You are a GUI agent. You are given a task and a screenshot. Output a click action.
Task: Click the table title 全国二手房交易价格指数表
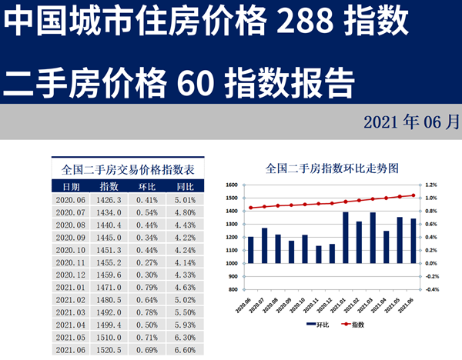point(128,168)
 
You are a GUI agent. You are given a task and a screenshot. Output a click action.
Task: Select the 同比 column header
point(185,186)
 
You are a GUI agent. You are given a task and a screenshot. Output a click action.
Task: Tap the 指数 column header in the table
point(109,186)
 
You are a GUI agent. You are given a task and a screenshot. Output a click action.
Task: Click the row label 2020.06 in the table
point(71,200)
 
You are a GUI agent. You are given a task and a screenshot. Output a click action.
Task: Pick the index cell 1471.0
point(109,286)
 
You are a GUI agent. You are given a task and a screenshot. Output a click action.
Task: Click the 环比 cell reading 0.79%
point(147,286)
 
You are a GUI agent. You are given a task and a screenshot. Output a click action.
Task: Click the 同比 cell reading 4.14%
point(185,262)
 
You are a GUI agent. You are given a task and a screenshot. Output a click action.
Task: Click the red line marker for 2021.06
point(413,195)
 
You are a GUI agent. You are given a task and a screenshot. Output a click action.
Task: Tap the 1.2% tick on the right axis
point(430,185)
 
